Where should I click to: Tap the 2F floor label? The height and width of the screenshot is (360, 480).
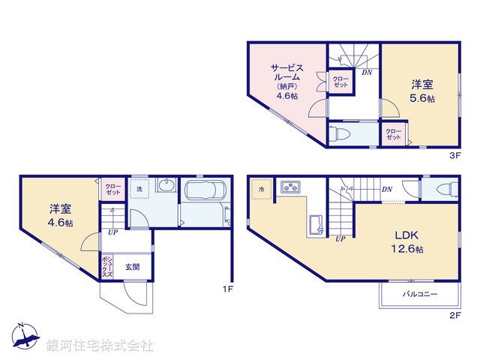[x=454, y=316]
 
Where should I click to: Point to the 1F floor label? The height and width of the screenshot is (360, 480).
[x=229, y=288]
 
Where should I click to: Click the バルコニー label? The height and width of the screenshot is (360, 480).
[x=420, y=294]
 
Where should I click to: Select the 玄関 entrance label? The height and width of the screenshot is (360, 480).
[x=132, y=266]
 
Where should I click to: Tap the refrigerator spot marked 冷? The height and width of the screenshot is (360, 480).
[x=262, y=188]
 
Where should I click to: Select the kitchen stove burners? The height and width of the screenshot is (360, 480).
[x=290, y=186]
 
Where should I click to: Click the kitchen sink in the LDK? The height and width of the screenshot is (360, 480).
[x=316, y=223]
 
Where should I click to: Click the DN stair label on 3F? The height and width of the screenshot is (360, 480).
[x=367, y=73]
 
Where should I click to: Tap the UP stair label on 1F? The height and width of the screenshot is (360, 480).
[x=112, y=232]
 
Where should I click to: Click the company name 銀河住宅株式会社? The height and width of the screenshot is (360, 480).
[x=99, y=346]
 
